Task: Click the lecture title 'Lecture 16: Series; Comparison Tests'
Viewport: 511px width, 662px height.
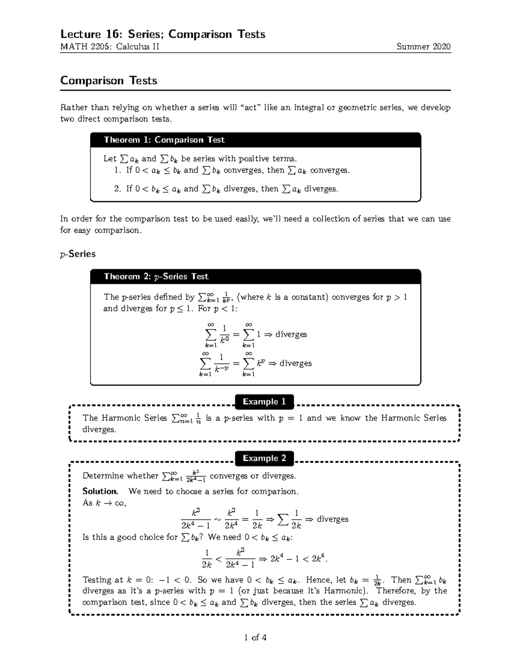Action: click(163, 34)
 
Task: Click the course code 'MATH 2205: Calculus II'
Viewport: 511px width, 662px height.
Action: click(110, 47)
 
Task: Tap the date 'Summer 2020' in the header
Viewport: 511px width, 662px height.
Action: click(423, 47)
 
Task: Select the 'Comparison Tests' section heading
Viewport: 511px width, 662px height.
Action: click(109, 81)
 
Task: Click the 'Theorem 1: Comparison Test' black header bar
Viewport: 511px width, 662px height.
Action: click(255, 140)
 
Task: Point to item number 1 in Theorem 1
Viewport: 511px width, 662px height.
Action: click(118, 171)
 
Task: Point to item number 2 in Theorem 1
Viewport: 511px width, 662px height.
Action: click(118, 189)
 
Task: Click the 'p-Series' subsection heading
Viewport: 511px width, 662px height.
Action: click(78, 254)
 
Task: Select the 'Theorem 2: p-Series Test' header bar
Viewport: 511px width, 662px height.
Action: click(255, 277)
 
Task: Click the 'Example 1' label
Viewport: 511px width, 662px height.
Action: click(264, 402)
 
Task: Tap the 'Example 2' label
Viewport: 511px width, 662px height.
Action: click(264, 458)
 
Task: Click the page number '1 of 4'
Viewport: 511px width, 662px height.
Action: click(255, 638)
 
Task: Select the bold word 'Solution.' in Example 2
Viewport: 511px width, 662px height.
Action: click(100, 491)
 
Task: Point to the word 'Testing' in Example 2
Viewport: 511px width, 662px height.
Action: click(97, 580)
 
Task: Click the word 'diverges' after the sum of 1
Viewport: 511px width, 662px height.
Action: click(291, 334)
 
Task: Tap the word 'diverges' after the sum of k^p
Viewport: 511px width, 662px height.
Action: click(296, 363)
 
